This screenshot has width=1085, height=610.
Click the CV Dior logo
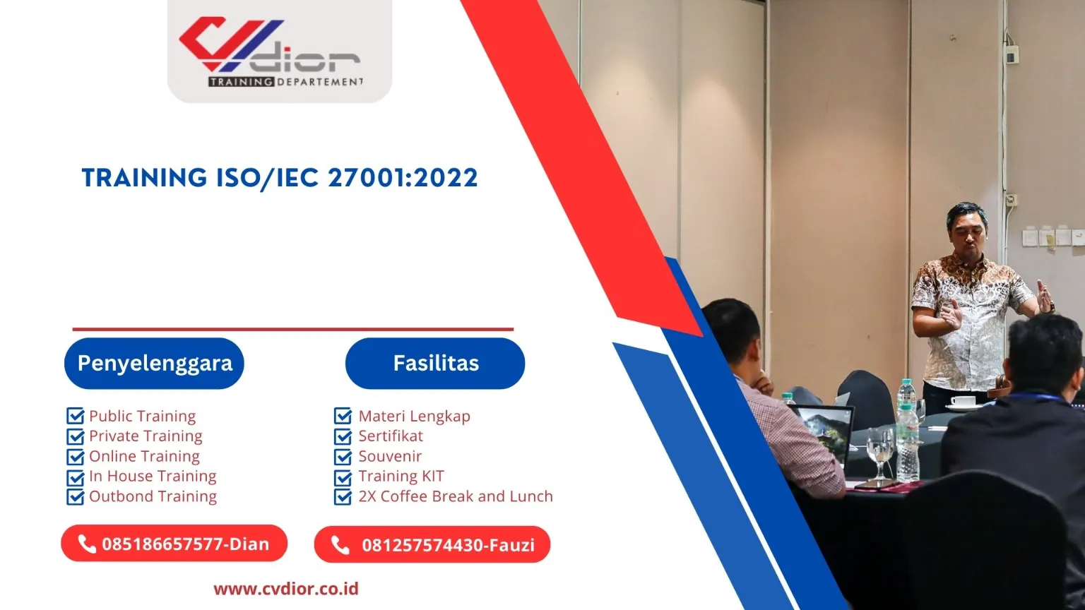(x=279, y=51)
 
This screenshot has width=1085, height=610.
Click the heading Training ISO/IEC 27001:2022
(x=280, y=178)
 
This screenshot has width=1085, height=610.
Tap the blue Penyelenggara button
(x=154, y=364)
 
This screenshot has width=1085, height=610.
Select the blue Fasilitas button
(x=435, y=364)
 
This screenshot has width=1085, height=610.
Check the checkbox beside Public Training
(x=75, y=417)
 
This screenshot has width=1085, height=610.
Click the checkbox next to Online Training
(x=75, y=457)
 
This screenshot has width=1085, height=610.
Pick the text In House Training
(x=153, y=477)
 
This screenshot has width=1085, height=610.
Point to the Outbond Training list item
(x=153, y=496)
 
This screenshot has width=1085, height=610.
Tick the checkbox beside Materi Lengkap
(x=343, y=417)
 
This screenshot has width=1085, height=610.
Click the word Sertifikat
(x=391, y=436)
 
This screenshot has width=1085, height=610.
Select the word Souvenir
(x=390, y=457)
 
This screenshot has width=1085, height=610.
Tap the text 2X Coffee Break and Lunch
(x=456, y=496)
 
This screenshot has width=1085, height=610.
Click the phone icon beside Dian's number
(x=87, y=544)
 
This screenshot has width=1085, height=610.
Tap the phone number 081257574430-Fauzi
(x=448, y=545)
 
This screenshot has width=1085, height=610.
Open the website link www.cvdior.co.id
(x=286, y=589)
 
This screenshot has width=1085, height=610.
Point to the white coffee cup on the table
(x=962, y=402)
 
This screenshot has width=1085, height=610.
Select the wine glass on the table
(x=880, y=452)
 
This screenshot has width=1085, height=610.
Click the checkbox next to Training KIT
(x=343, y=477)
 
